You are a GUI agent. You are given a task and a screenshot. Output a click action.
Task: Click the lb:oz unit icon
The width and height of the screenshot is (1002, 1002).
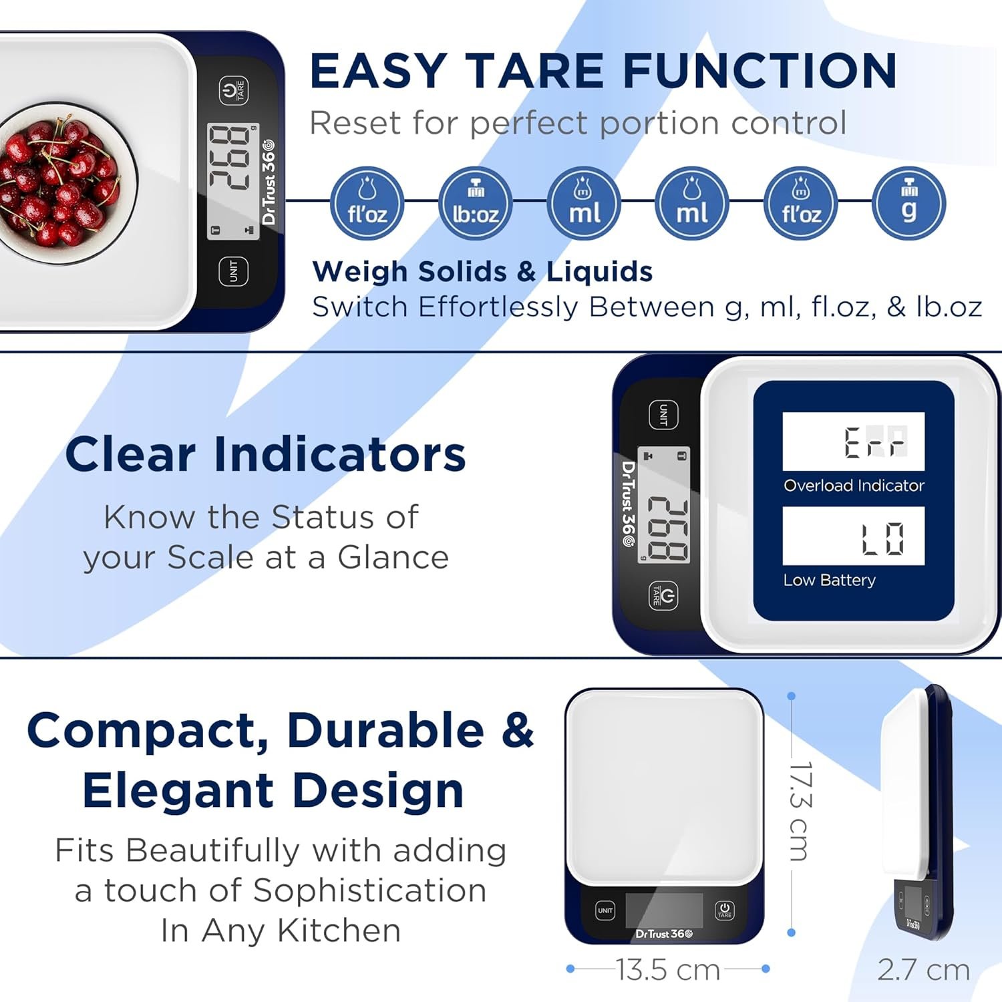pyautogui.click(x=476, y=203)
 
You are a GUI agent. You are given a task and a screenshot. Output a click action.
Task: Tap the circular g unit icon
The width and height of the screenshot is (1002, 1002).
pyautogui.click(x=909, y=203)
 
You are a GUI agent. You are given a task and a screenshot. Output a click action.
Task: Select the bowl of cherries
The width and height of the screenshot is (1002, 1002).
pyautogui.click(x=60, y=182)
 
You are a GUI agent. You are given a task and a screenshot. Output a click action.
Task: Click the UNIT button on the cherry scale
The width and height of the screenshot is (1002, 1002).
pyautogui.click(x=234, y=271)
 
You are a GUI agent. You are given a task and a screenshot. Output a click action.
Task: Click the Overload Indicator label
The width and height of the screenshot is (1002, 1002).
pyautogui.click(x=854, y=486)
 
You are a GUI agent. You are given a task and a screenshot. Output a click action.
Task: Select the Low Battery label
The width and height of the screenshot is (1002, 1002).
pyautogui.click(x=829, y=580)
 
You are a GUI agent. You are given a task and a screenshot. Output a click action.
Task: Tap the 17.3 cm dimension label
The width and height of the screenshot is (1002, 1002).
pyautogui.click(x=800, y=811)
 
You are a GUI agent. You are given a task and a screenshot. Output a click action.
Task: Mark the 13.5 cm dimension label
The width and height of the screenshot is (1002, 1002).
pyautogui.click(x=667, y=970)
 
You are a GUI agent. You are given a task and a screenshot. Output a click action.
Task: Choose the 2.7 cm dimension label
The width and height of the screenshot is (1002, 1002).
pyautogui.click(x=923, y=970)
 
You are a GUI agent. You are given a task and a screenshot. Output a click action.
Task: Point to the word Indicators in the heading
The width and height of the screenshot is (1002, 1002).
pyautogui.click(x=339, y=455)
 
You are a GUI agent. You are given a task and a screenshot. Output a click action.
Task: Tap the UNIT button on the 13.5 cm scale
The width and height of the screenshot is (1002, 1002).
pyautogui.click(x=605, y=910)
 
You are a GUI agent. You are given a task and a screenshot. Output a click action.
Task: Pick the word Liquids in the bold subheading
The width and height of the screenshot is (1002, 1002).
pyautogui.click(x=599, y=272)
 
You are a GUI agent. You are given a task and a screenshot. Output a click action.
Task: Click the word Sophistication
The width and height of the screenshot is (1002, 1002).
pyautogui.click(x=369, y=890)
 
